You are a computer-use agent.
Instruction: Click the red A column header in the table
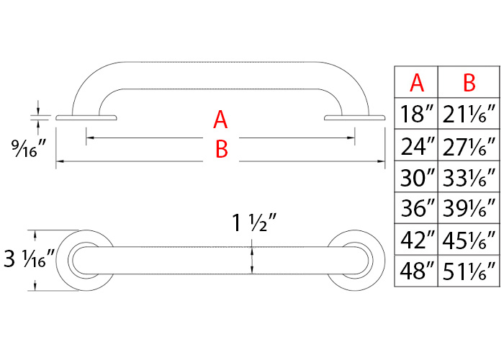(417, 83)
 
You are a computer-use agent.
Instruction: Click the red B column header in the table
(469, 83)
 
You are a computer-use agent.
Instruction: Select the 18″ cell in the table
(417, 113)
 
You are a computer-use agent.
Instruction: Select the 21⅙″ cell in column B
(469, 113)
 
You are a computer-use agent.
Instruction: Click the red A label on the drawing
(221, 120)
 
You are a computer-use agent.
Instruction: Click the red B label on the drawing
(221, 150)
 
